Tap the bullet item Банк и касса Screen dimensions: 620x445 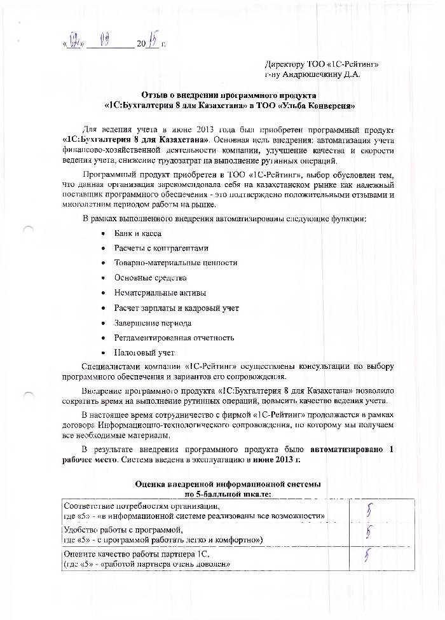pyautogui.click(x=137, y=234)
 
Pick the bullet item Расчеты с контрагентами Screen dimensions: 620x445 pyautogui.click(x=161, y=248)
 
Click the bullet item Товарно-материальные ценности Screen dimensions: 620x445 pyautogui.click(x=175, y=263)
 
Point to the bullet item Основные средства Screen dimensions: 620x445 pyautogui.click(x=150, y=278)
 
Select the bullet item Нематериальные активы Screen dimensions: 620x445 pyautogui.click(x=160, y=293)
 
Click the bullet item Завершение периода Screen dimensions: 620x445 pyautogui.click(x=152, y=323)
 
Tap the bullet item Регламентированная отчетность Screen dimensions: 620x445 pyautogui.click(x=174, y=338)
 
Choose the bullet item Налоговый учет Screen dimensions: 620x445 pyautogui.click(x=144, y=352)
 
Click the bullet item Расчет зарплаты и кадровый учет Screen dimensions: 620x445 pyautogui.click(x=176, y=308)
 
